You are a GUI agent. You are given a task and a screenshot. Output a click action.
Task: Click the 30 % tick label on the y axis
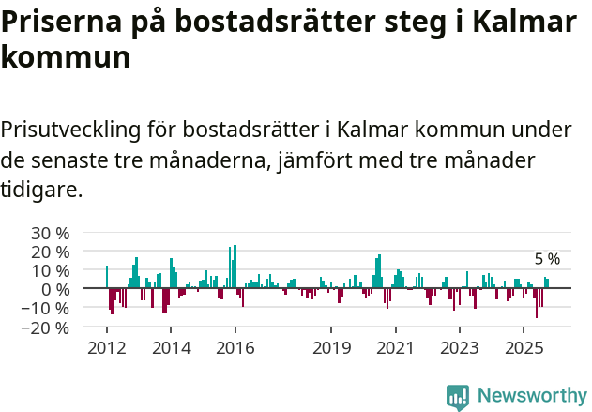(50, 233)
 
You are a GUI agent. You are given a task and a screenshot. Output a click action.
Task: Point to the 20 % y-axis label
(50, 252)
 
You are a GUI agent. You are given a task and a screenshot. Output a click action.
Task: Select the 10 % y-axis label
(50, 270)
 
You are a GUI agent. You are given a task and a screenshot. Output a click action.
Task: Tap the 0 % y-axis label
(54, 289)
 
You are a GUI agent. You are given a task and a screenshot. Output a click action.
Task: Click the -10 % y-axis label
(47, 309)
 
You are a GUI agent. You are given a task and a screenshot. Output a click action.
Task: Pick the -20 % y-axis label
(47, 328)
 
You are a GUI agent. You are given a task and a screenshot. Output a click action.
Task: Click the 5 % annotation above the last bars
(547, 259)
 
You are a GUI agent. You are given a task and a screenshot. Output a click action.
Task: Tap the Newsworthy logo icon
(458, 396)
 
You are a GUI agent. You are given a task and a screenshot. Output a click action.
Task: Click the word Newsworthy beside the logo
(531, 396)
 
